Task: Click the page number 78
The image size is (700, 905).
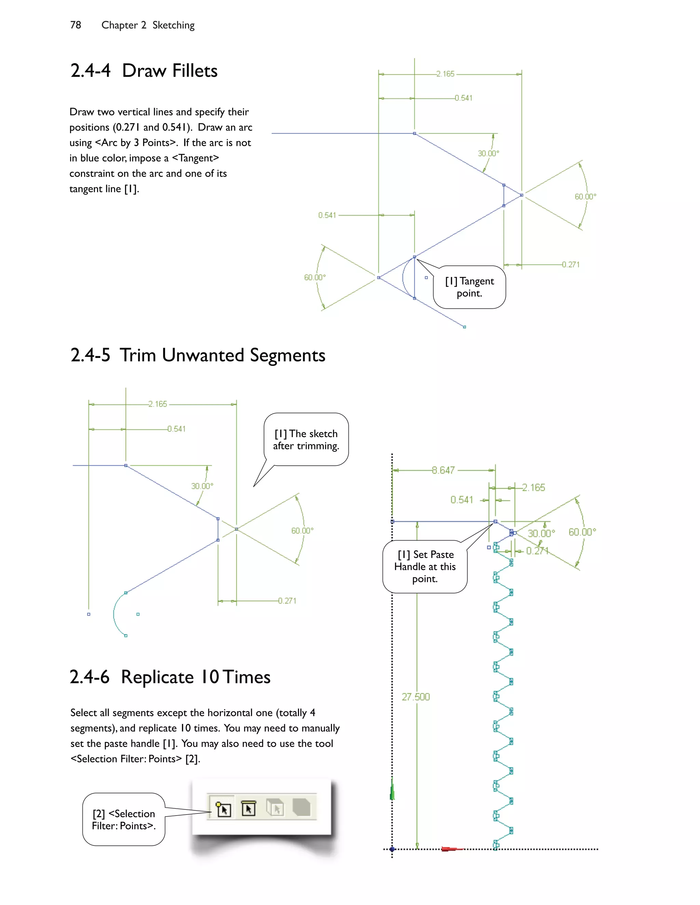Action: pos(76,25)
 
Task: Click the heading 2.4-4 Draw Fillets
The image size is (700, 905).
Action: pos(144,71)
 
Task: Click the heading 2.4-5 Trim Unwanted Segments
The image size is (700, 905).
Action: pos(198,356)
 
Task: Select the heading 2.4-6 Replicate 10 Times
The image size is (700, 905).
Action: pos(170,677)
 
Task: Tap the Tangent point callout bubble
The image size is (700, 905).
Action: pos(469,287)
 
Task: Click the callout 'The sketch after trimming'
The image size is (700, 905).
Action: pos(306,440)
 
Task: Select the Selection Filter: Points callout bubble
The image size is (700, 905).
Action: pos(124,819)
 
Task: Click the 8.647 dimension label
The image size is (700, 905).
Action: pos(443,470)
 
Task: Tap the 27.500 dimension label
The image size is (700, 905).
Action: pos(416,697)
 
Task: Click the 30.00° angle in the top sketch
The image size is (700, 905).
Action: pos(488,153)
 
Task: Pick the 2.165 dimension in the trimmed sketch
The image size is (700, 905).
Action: pos(158,404)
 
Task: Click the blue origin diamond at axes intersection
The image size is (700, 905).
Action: pos(392,849)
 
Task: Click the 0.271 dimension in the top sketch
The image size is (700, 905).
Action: pos(570,264)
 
